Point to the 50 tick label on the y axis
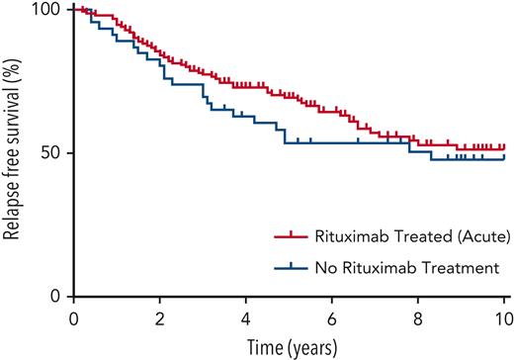click(49, 153)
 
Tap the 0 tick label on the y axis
click(54, 297)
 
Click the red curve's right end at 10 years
click(504, 147)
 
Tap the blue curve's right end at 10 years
click(504, 158)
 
